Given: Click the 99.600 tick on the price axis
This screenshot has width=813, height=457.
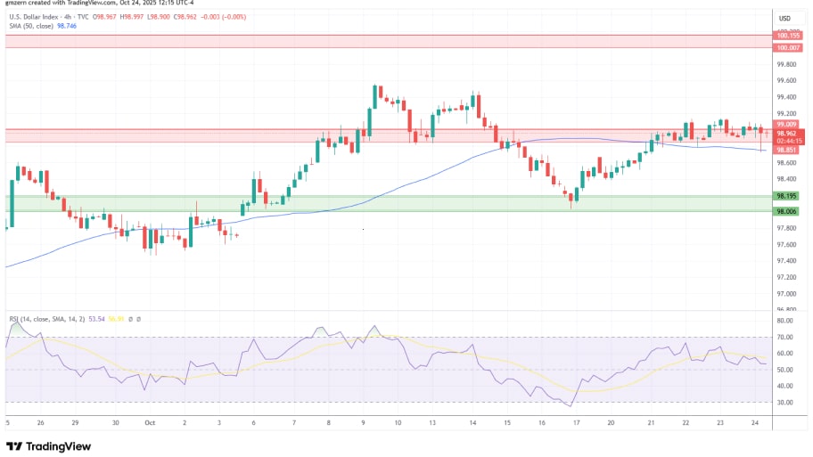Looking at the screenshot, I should (x=785, y=80).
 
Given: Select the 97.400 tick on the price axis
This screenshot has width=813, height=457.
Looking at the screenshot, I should (x=785, y=261).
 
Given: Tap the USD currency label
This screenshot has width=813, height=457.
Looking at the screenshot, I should (x=784, y=19).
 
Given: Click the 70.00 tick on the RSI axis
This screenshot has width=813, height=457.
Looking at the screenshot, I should (x=785, y=337).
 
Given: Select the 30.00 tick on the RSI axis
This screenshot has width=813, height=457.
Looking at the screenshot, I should (x=785, y=402).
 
